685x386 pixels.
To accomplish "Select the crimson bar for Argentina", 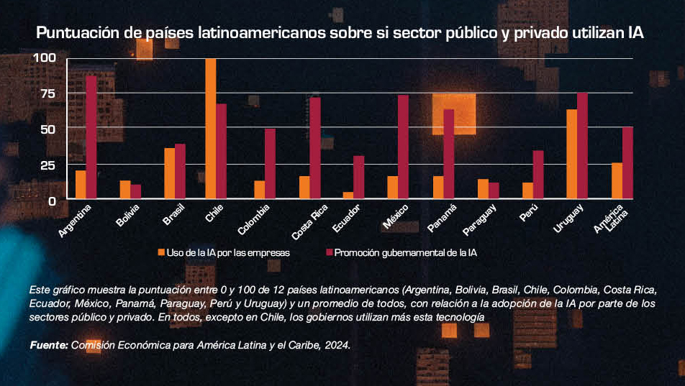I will pos(91,137).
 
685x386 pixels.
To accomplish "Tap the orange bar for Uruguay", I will pos(571,154).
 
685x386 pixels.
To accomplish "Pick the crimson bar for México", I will pos(403,147).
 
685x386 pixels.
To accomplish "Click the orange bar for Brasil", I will pos(169,173).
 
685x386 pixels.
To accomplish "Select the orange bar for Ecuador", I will pos(348,195).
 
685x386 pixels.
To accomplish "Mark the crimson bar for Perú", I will pos(538,174).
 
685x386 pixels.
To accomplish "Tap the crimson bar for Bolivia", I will pos(136,191).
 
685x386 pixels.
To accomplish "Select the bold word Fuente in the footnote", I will pos(48,346).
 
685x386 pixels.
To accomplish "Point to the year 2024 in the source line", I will pos(336,346).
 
